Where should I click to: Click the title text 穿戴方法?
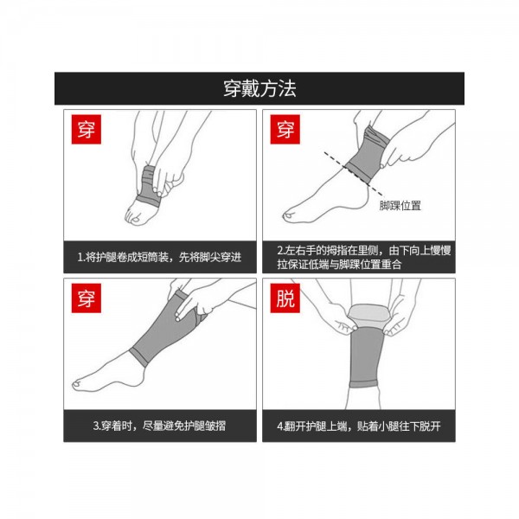[x=259, y=89]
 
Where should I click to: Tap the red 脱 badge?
[x=285, y=298]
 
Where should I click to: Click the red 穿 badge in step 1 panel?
[x=86, y=129]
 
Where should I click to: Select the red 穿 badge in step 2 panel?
[x=285, y=129]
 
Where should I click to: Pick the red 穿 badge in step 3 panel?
[x=86, y=298]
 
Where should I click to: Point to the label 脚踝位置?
[x=400, y=206]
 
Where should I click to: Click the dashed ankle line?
[x=354, y=174]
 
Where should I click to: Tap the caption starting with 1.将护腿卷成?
[x=159, y=257]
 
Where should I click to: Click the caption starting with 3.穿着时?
[x=159, y=426]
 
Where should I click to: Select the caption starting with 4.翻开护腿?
[x=359, y=426]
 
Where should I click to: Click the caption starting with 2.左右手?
[x=364, y=257]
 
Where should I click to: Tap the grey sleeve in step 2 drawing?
[x=368, y=155]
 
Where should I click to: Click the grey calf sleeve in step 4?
[x=365, y=356]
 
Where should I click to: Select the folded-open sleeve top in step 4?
[x=368, y=316]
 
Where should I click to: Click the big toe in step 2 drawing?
[x=289, y=217]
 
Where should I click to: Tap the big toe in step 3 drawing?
[x=79, y=384]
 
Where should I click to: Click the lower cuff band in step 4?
[x=363, y=384]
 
